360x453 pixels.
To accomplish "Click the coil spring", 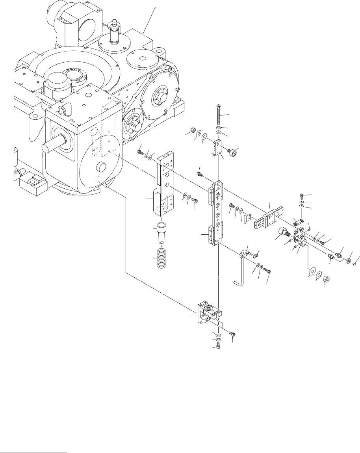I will click(x=160, y=259).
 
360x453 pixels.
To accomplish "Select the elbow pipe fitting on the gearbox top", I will click(x=62, y=109).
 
